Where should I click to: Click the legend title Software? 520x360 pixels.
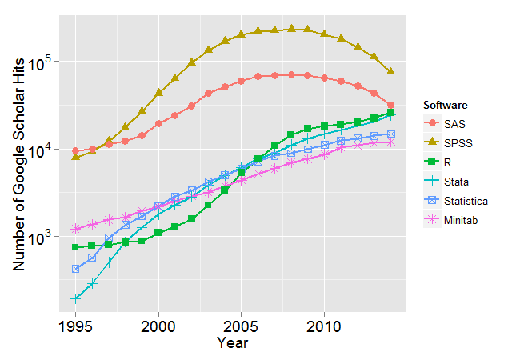point(445,105)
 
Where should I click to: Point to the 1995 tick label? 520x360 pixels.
point(76,326)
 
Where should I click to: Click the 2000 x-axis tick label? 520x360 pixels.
point(158,326)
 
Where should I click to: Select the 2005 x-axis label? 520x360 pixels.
point(242,326)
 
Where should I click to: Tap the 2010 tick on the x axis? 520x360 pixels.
point(324,326)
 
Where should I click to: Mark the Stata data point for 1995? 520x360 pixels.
point(76,298)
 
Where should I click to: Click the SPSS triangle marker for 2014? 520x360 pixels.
point(390,71)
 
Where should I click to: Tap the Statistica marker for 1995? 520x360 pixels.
point(76,269)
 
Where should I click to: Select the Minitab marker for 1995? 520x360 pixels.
point(76,229)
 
